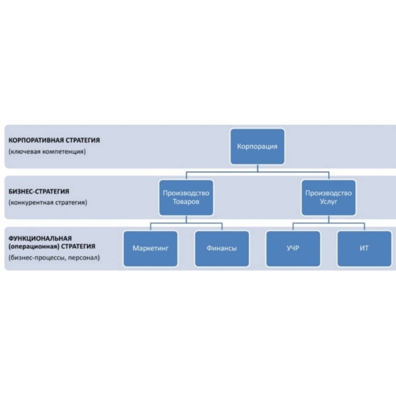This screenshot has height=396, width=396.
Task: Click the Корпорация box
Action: pyautogui.click(x=257, y=147)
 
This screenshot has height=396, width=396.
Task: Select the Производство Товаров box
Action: pyautogui.click(x=186, y=198)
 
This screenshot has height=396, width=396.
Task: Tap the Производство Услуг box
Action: pyautogui.click(x=329, y=198)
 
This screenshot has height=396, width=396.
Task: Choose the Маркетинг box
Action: pyautogui.click(x=150, y=249)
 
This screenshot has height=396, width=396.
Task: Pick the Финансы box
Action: pyautogui.click(x=222, y=249)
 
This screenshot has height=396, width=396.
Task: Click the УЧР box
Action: pyautogui.click(x=293, y=249)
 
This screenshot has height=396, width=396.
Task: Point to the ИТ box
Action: pyautogui.click(x=364, y=249)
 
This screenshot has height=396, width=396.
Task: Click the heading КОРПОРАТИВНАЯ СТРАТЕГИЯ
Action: pyautogui.click(x=54, y=140)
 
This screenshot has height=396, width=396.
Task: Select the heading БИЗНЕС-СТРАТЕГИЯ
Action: pyautogui.click(x=39, y=192)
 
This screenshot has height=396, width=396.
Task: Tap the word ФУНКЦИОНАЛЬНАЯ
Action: pyautogui.click(x=40, y=238)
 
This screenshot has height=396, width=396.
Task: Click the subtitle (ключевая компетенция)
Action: pyautogui.click(x=47, y=151)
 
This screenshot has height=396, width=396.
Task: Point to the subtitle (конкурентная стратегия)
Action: pyautogui.click(x=48, y=202)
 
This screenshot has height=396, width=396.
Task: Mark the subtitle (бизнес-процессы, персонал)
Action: pyautogui.click(x=54, y=257)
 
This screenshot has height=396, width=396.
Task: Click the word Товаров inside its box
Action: pyautogui.click(x=186, y=202)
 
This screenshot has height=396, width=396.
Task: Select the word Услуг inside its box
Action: pyautogui.click(x=329, y=202)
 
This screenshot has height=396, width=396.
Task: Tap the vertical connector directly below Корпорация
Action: pyautogui.click(x=257, y=168)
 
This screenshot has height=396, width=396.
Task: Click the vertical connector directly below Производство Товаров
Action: pyautogui.click(x=187, y=219)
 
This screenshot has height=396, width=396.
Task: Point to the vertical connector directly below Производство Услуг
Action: pyautogui.click(x=329, y=219)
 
